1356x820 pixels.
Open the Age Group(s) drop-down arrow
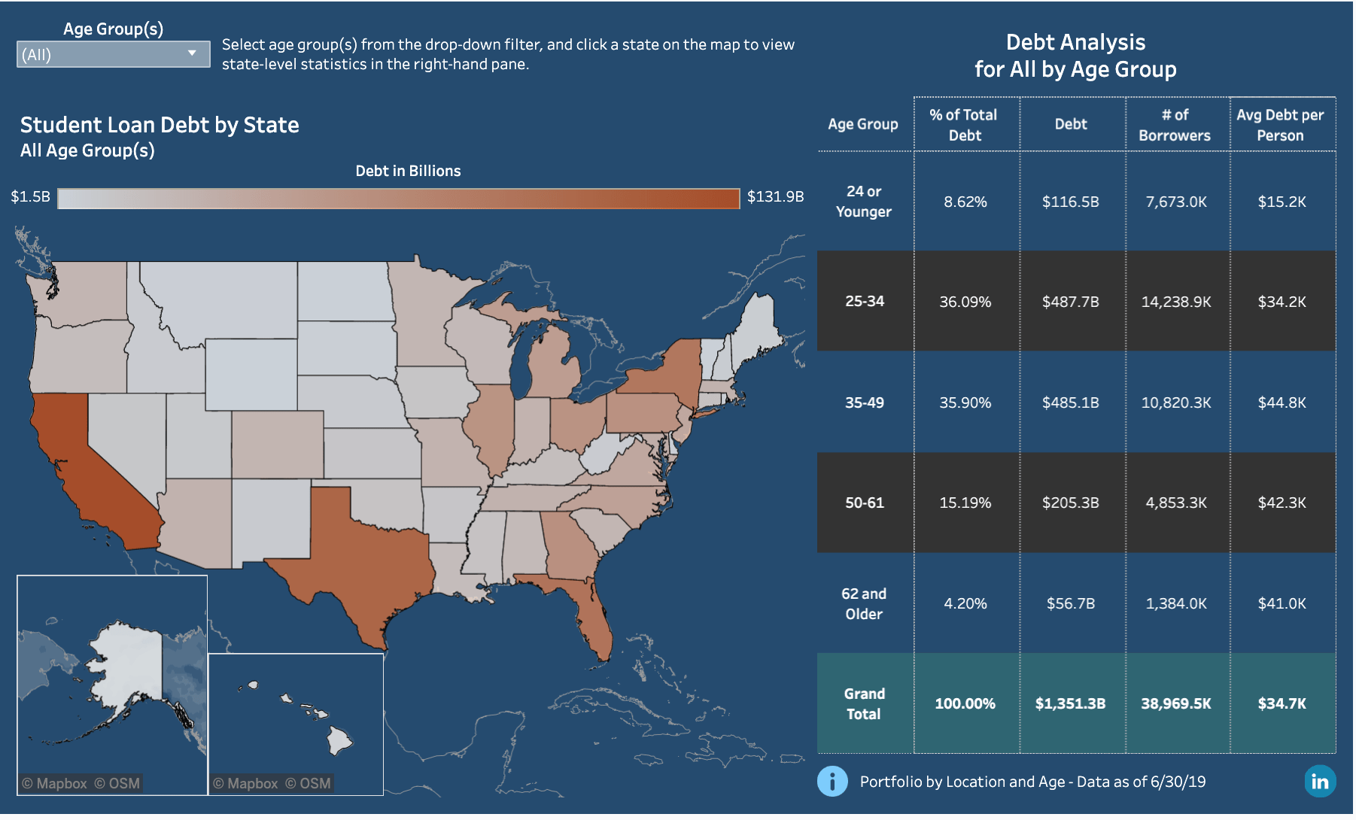point(192,53)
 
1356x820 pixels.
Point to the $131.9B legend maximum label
point(775,197)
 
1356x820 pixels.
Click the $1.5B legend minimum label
point(30,197)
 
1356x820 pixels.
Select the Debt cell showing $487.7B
point(1070,302)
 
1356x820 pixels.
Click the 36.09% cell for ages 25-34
point(965,302)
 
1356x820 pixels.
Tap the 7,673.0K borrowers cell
point(1175,202)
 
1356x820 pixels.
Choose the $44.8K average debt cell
point(1282,402)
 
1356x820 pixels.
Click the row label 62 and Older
point(864,603)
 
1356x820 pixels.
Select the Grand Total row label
point(864,703)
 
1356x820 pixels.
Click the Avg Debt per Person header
point(1280,125)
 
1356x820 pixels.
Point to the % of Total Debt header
point(964,125)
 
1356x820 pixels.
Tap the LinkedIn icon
point(1320,782)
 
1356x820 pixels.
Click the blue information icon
point(832,782)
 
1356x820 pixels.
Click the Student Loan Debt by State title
point(160,125)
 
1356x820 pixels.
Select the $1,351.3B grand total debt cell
point(1070,703)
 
